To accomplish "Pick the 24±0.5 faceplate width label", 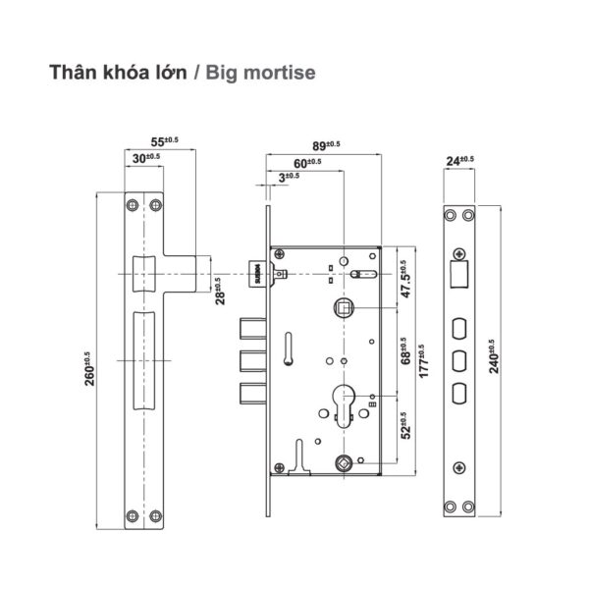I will click(x=459, y=160).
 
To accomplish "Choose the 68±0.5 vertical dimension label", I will click(x=406, y=350).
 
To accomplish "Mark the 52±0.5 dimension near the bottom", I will click(x=406, y=429).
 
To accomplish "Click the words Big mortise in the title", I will click(x=261, y=74).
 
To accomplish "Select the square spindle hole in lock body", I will click(x=345, y=308).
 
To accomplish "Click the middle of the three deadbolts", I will click(x=252, y=359).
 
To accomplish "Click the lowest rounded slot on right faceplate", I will click(x=457, y=393).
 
